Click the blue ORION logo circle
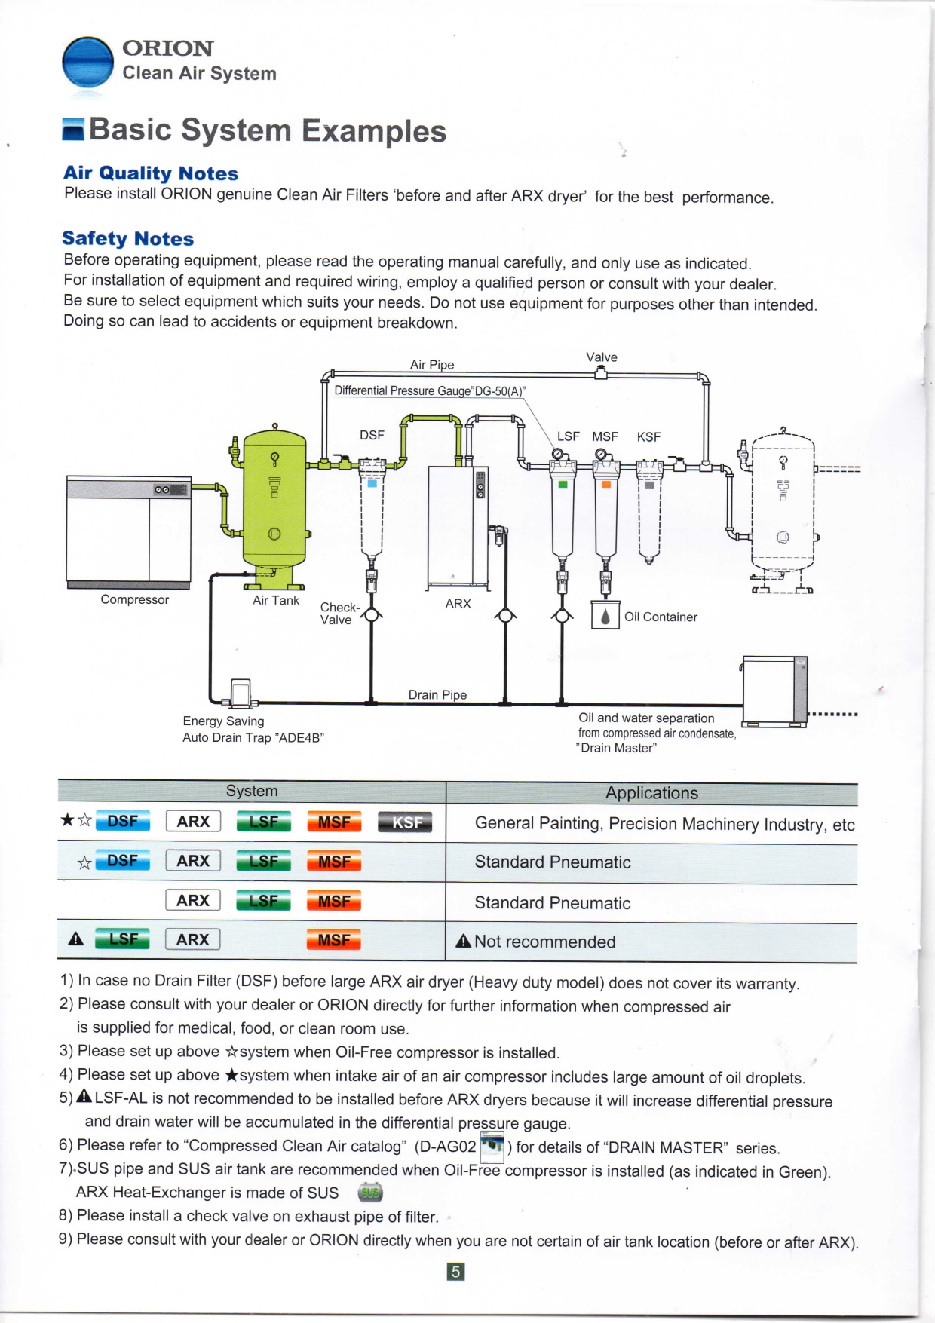click(87, 63)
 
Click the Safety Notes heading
click(128, 239)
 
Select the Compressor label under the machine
click(135, 599)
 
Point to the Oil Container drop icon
click(605, 616)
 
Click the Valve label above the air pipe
click(602, 357)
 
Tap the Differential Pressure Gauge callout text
click(430, 390)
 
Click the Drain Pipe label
click(437, 694)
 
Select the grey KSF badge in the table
click(405, 822)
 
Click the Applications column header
click(651, 793)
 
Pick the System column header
click(252, 791)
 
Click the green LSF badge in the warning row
click(123, 939)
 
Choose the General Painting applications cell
click(664, 824)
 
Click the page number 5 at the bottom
click(455, 1272)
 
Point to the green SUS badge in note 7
click(370, 1193)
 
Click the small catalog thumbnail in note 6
click(492, 1146)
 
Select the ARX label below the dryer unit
click(458, 604)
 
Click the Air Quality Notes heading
click(151, 173)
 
